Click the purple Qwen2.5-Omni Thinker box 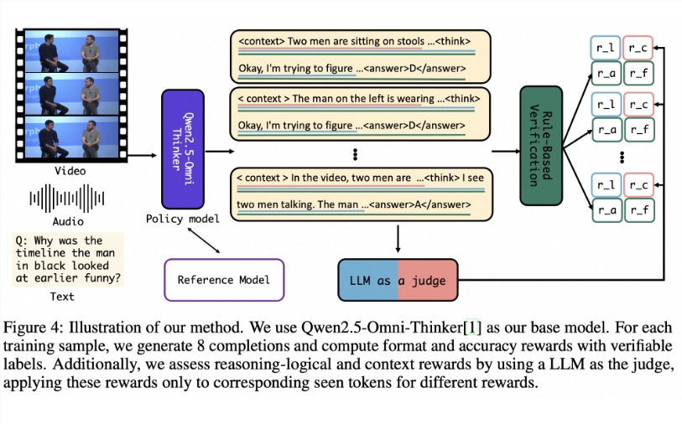tap(182, 148)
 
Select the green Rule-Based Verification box tap(540, 145)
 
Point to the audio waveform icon tap(67, 198)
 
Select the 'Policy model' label tap(182, 220)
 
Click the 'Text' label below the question tap(61, 296)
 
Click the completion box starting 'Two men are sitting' tap(359, 56)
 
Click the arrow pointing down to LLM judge tap(398, 240)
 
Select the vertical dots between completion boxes tap(356, 153)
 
